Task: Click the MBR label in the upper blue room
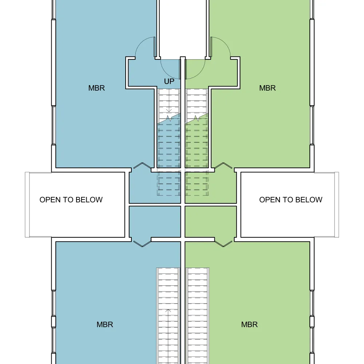point(96,88)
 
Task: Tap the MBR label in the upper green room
point(268,88)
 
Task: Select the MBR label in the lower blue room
point(105,324)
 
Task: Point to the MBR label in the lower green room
point(249,324)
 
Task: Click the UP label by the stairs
point(169,82)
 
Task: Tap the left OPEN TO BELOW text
point(71,199)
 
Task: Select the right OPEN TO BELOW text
point(290,199)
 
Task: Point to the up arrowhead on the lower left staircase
point(168,310)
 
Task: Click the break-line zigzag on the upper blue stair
point(169,118)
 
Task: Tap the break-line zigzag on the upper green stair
point(197,118)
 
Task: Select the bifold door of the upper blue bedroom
point(142,165)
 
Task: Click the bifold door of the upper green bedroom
point(223,165)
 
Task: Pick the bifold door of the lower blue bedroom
point(142,244)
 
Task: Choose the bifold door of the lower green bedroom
point(223,244)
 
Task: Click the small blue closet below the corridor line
point(155,221)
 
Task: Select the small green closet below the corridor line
point(211,221)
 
